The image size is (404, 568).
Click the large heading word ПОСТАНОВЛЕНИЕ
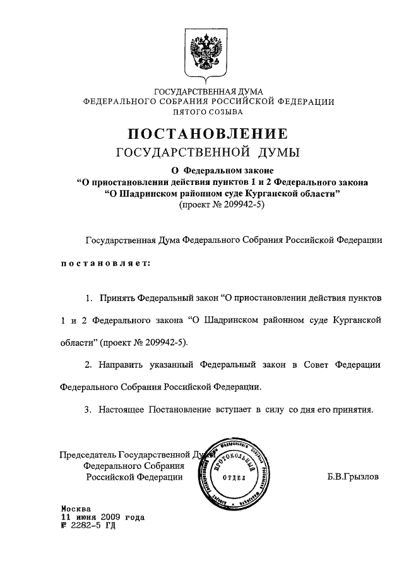[x=209, y=134]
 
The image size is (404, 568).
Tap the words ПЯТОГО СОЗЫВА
[x=209, y=112]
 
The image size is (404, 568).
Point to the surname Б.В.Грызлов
[x=353, y=477]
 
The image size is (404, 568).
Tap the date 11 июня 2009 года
[x=102, y=517]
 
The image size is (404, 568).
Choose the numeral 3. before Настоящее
[x=89, y=409]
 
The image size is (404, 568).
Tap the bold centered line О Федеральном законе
[x=209, y=170]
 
